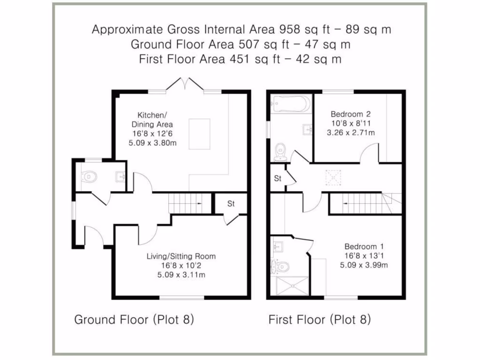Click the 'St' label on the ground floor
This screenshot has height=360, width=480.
[231, 204]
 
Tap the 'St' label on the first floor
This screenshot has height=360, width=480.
[278, 179]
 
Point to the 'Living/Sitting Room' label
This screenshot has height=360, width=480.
[181, 256]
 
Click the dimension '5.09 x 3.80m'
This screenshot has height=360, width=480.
[153, 143]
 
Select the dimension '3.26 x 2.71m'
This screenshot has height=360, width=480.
[351, 133]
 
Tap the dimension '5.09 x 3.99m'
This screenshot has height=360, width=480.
[364, 265]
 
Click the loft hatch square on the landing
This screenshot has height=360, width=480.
[333, 178]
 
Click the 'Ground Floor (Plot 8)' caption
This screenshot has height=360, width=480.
[134, 320]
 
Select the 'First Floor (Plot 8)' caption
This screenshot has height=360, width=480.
[319, 320]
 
